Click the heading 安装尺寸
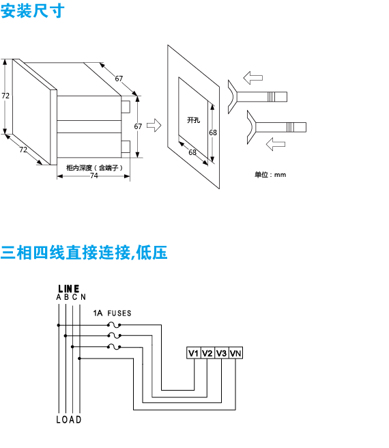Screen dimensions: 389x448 [x=33, y=11]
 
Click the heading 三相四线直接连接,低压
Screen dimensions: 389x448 [x=84, y=253]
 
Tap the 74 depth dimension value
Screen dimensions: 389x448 [x=94, y=176]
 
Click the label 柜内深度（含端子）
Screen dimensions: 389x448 [x=95, y=168]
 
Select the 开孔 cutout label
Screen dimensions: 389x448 [x=193, y=120]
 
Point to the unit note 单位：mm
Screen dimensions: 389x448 [x=270, y=175]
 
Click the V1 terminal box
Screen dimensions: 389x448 [x=193, y=353]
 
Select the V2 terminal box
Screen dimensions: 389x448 [x=207, y=353]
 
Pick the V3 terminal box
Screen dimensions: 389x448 [x=221, y=353]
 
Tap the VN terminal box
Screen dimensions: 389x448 [x=235, y=353]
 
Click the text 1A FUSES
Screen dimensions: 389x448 [x=112, y=313]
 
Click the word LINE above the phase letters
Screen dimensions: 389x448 [x=68, y=289]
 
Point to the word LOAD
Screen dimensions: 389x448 [x=69, y=419]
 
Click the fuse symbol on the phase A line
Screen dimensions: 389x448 [x=114, y=325]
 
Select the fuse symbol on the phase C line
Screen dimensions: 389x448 [x=114, y=346]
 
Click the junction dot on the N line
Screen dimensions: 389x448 [x=79, y=359]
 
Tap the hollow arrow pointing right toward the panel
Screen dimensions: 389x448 [x=154, y=125]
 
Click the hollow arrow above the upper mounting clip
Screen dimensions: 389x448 [x=253, y=78]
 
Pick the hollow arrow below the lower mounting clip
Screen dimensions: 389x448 [x=276, y=144]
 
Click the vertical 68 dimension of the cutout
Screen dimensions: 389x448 [x=213, y=132]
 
